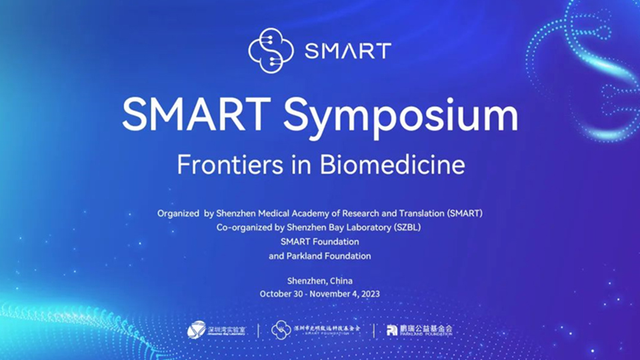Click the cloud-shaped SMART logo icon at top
coord(271,50)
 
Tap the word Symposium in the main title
coord(401,116)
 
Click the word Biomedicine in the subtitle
coord(392,165)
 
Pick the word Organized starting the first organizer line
coord(177,213)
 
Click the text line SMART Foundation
coord(320,241)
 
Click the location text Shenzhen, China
coord(320,281)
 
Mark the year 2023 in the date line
coord(369,293)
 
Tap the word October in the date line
coord(277,293)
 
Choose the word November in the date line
coord(332,293)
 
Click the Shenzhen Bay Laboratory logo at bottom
coord(216,330)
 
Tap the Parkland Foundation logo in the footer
coord(419,330)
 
